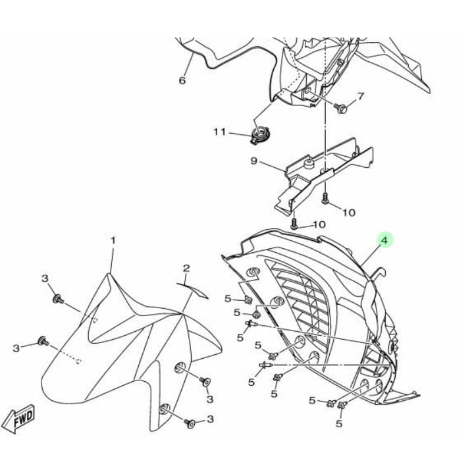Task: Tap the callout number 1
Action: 113,242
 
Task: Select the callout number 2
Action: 186,268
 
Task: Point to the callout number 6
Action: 182,81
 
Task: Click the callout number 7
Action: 360,97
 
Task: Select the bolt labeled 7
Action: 342,107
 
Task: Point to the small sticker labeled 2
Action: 192,289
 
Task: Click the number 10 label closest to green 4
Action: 319,224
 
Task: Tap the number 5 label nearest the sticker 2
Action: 228,298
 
